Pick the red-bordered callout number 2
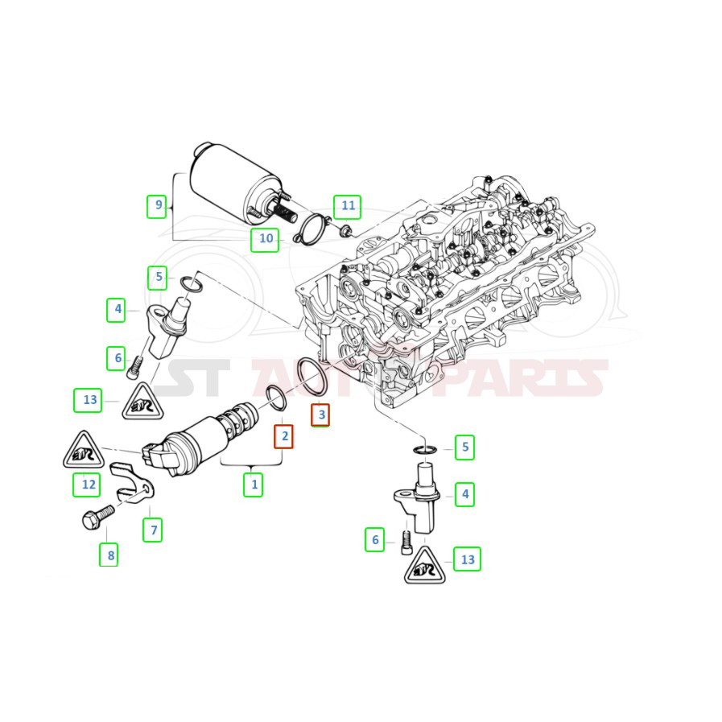coord(283,436)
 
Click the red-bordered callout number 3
coord(320,415)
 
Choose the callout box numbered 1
coord(254,485)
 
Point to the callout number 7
coord(152,530)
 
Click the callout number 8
coord(109,555)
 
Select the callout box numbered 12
coord(87,485)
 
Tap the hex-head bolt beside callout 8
coord(97,517)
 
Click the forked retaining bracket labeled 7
coord(132,484)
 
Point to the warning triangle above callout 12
coord(84,450)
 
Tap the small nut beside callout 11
coord(345,229)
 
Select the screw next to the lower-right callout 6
coord(406,543)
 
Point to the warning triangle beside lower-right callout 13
coord(424,567)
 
